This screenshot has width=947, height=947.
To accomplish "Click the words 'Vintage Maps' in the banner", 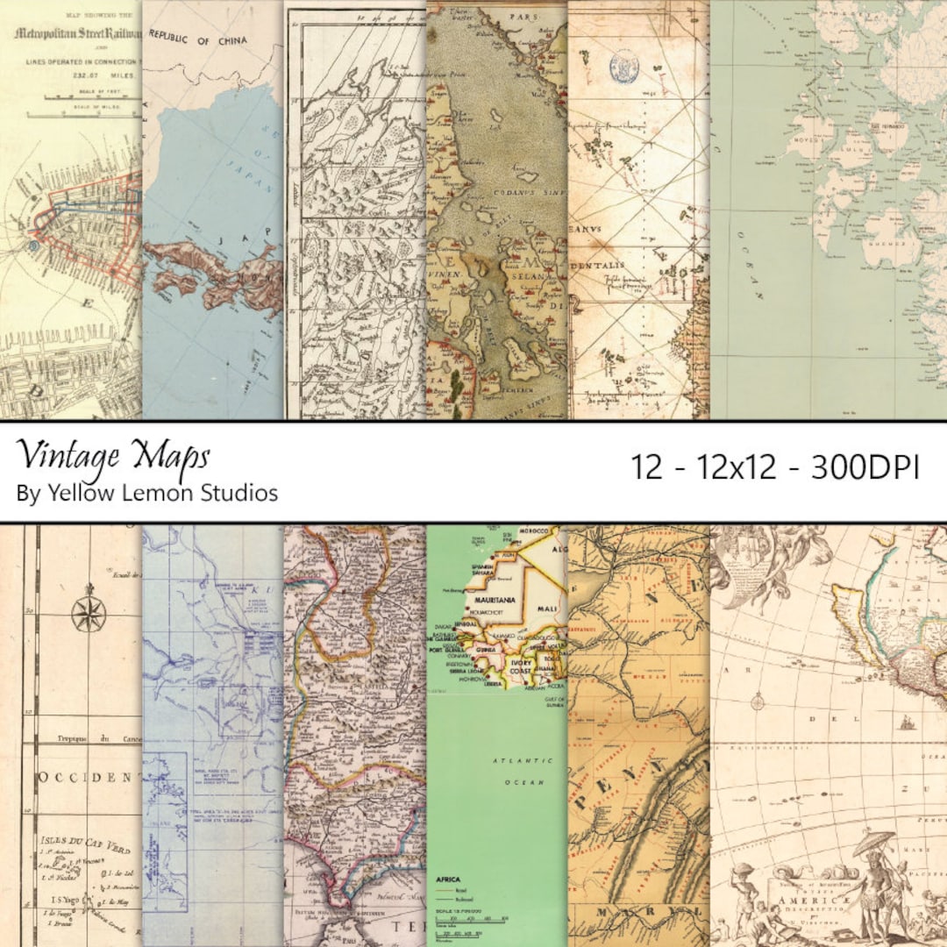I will [x=113, y=454].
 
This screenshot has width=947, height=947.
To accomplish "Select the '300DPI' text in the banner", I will [x=865, y=468].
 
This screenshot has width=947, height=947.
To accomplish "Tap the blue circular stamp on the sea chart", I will [x=624, y=66].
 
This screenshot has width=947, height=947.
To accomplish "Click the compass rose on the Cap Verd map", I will [x=89, y=614].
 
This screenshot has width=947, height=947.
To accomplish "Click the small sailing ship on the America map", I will [x=905, y=723].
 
